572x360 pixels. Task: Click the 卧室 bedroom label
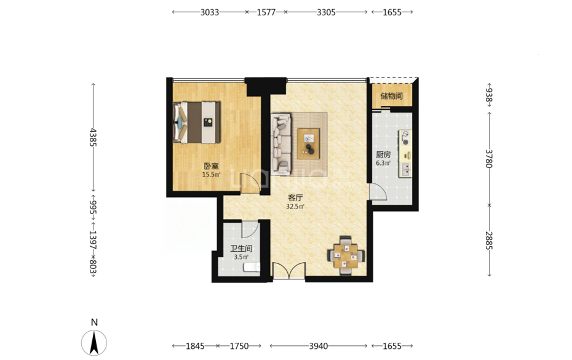[211, 166]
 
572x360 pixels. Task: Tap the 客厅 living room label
[295, 198]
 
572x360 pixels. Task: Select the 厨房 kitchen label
[383, 155]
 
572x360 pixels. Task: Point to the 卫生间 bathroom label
[241, 249]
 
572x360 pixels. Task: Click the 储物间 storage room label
[391, 96]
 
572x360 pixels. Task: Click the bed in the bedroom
[197, 122]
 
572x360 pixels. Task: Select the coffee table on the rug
[309, 143]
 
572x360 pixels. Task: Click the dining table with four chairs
[346, 255]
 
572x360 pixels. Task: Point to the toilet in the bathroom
[252, 267]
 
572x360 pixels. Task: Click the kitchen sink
[405, 169]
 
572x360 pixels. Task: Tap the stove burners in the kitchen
[405, 138]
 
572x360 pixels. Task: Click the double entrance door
[289, 271]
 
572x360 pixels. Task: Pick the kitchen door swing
[378, 191]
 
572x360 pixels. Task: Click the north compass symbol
[94, 343]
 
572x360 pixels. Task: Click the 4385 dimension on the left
[93, 137]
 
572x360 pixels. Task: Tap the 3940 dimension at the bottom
[319, 346]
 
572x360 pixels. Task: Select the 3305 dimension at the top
[326, 12]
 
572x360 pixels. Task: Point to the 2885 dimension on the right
[489, 241]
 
